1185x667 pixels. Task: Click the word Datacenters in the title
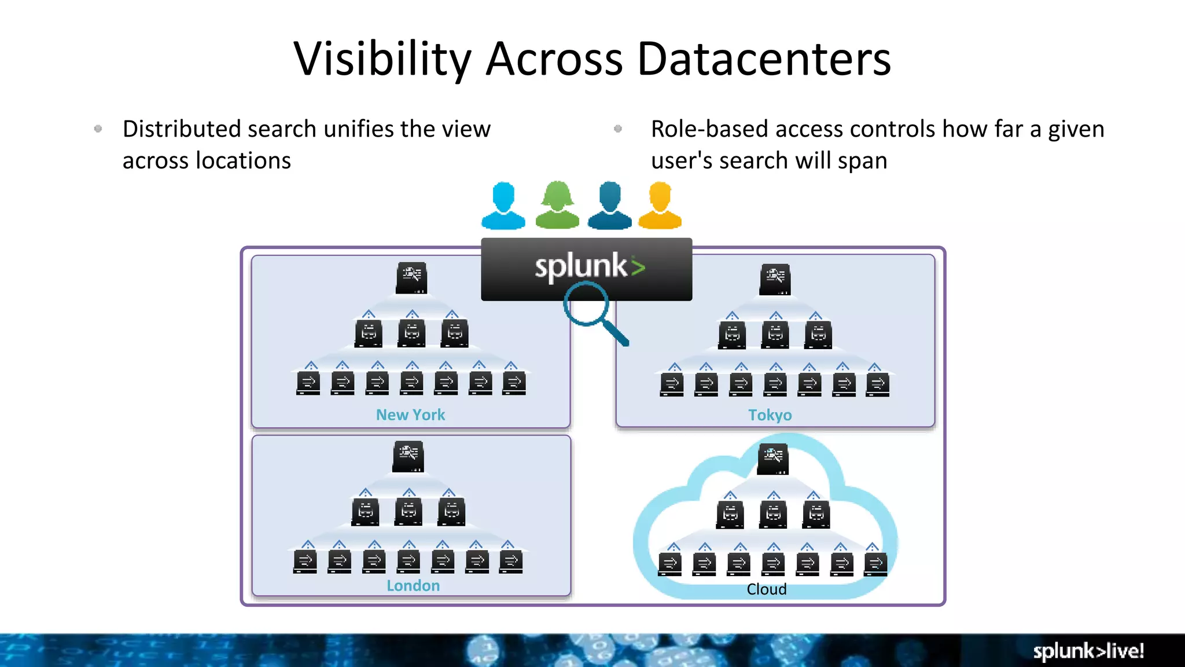[764, 59]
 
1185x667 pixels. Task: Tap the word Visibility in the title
[382, 59]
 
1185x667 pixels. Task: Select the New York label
[410, 415]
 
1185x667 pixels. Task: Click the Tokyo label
[770, 415]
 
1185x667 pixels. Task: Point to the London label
[413, 585]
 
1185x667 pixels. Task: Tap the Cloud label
[766, 589]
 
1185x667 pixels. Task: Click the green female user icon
[557, 205]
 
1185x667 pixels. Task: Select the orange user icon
[660, 206]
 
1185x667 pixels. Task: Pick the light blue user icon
[503, 206]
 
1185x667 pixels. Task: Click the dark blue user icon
[610, 206]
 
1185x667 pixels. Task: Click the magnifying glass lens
[586, 304]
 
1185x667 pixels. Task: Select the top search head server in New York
[411, 278]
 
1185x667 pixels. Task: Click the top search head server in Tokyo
[775, 280]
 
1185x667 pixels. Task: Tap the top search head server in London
[408, 457]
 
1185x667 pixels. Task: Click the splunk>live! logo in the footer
[1088, 651]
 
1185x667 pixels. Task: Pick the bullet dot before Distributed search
[98, 129]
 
